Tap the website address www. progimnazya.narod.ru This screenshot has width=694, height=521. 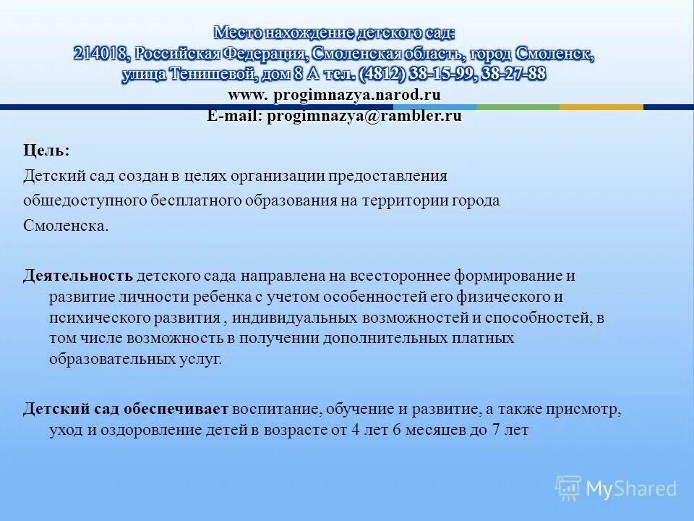334,95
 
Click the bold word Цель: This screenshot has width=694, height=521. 46,151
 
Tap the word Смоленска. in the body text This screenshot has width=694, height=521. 66,225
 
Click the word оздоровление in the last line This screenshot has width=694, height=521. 149,429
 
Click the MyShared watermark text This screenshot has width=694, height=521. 632,488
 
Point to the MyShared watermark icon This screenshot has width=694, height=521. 568,488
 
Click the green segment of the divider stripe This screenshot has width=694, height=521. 518,107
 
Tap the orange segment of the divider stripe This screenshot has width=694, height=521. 601,107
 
